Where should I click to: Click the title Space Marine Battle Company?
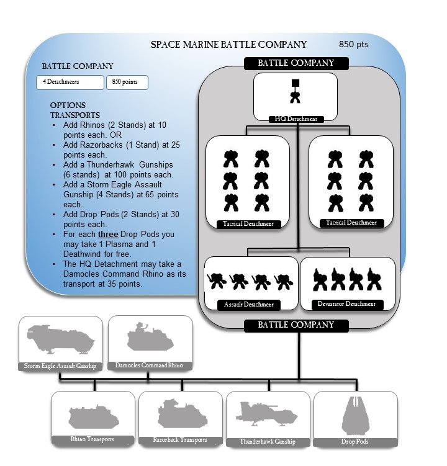(229, 45)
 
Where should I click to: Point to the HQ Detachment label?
(295, 118)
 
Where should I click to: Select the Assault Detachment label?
(247, 305)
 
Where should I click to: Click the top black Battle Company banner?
(296, 63)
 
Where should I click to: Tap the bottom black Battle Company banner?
(296, 325)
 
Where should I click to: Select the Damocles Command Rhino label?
(149, 365)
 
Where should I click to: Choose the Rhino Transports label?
(92, 439)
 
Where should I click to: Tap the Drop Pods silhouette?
(355, 414)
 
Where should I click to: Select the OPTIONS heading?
(68, 105)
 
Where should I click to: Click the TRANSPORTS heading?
(74, 115)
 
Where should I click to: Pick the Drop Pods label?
(355, 441)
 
